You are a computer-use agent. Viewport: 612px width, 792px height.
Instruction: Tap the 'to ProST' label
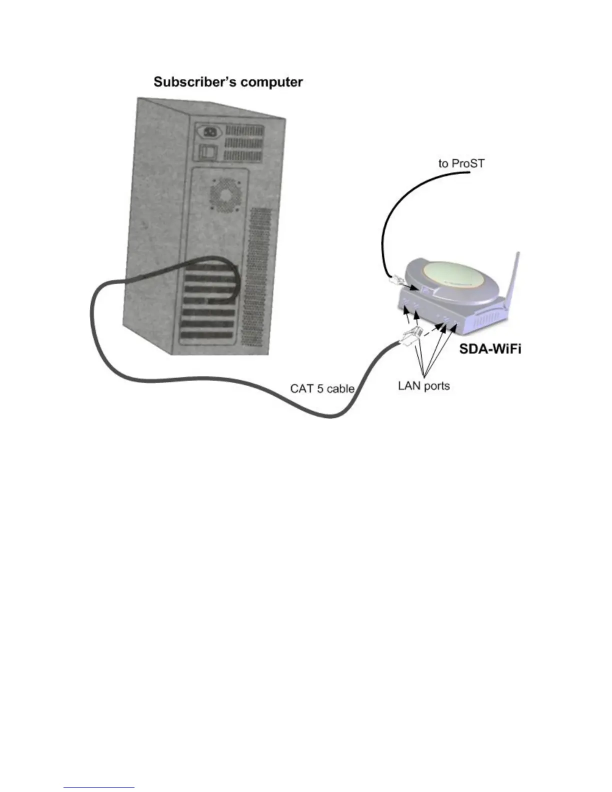[461, 163]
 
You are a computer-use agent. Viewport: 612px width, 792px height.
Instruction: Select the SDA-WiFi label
[490, 348]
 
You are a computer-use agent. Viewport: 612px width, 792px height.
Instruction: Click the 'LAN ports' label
[423, 385]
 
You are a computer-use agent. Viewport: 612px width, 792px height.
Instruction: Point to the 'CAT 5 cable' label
[322, 388]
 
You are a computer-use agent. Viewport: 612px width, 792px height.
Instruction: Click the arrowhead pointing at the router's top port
[416, 288]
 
